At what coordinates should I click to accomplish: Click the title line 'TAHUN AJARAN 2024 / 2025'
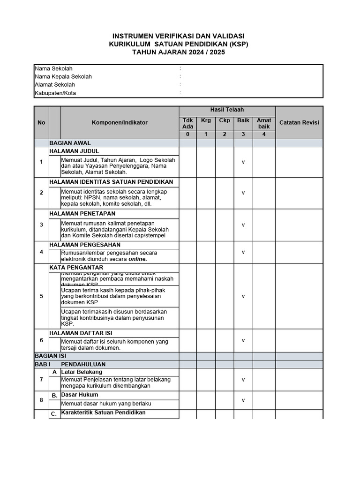tap(179, 52)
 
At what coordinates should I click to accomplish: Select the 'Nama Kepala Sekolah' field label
tap(63, 76)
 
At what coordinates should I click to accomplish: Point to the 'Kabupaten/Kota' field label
tap(55, 93)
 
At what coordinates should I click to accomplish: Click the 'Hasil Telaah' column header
tap(227, 110)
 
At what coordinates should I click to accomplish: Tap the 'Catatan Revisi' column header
tap(299, 122)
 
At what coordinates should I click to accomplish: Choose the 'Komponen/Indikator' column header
tap(120, 122)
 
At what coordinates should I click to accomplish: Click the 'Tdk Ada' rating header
tap(187, 123)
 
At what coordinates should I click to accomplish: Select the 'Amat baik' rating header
tap(264, 123)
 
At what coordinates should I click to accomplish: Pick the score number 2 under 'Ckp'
tap(225, 135)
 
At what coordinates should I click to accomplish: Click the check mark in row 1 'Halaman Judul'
tap(243, 162)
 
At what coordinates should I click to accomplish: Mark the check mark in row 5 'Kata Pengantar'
tap(243, 296)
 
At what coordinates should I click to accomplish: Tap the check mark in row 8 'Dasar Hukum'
tap(243, 400)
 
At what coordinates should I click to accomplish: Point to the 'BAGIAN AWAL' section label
tap(70, 143)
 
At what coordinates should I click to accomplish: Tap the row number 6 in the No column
tap(41, 340)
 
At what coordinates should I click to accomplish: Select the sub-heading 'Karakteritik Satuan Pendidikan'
tap(103, 413)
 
